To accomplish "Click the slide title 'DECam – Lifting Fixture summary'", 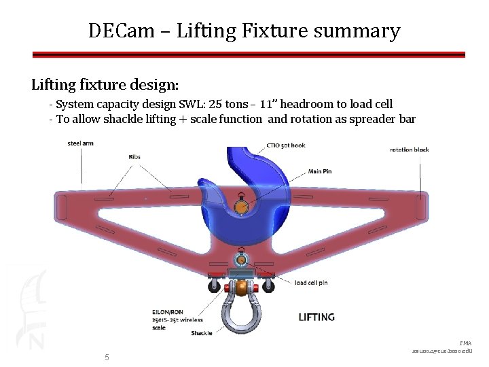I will click(x=244, y=31).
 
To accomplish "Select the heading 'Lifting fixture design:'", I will click(x=105, y=85).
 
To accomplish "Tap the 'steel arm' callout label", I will click(x=80, y=143).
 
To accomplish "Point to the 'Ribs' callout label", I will click(x=134, y=157).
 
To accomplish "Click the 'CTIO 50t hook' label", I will click(x=286, y=145).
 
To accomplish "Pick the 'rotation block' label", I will click(x=410, y=149).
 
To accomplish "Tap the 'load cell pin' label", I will click(x=311, y=282).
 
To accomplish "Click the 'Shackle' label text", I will click(x=201, y=333).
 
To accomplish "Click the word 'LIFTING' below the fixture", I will click(x=316, y=317).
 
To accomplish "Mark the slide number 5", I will click(x=107, y=357).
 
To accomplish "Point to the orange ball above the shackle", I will click(x=241, y=287).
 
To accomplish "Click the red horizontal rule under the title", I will click(x=249, y=54).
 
